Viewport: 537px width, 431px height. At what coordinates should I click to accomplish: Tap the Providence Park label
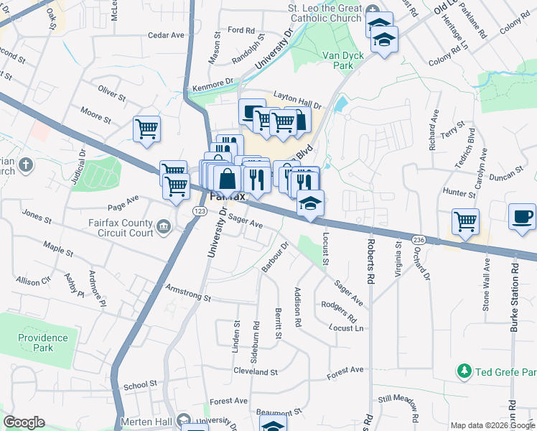point(43,343)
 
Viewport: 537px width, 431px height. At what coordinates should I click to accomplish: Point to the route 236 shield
point(420,238)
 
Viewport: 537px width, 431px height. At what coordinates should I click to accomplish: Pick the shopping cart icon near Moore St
point(146,129)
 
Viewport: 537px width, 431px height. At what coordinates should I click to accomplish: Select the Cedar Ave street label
point(166,34)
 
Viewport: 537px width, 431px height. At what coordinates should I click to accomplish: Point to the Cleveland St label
point(255,372)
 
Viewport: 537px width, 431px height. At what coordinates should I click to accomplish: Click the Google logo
point(24,422)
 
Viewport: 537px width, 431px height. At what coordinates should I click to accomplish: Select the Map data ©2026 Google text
point(492,425)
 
